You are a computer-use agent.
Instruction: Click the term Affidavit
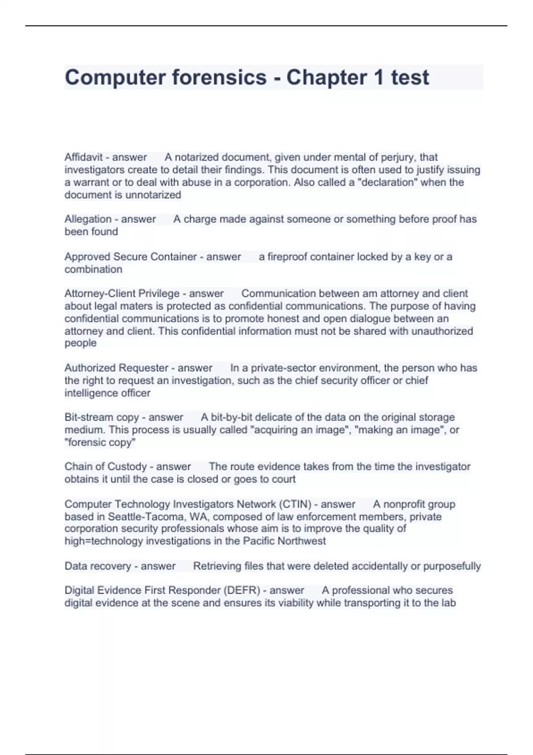pos(84,157)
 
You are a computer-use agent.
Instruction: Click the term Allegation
pos(88,219)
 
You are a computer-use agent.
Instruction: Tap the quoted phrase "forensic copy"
pos(100,442)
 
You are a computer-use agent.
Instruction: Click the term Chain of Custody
pos(105,466)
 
